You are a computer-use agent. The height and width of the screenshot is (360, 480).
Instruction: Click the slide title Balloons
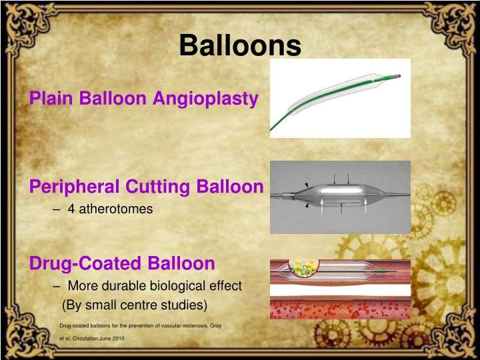click(240, 45)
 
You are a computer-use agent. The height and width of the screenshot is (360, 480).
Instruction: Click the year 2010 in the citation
click(117, 339)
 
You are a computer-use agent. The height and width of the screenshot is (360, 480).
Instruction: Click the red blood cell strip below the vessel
click(340, 308)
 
